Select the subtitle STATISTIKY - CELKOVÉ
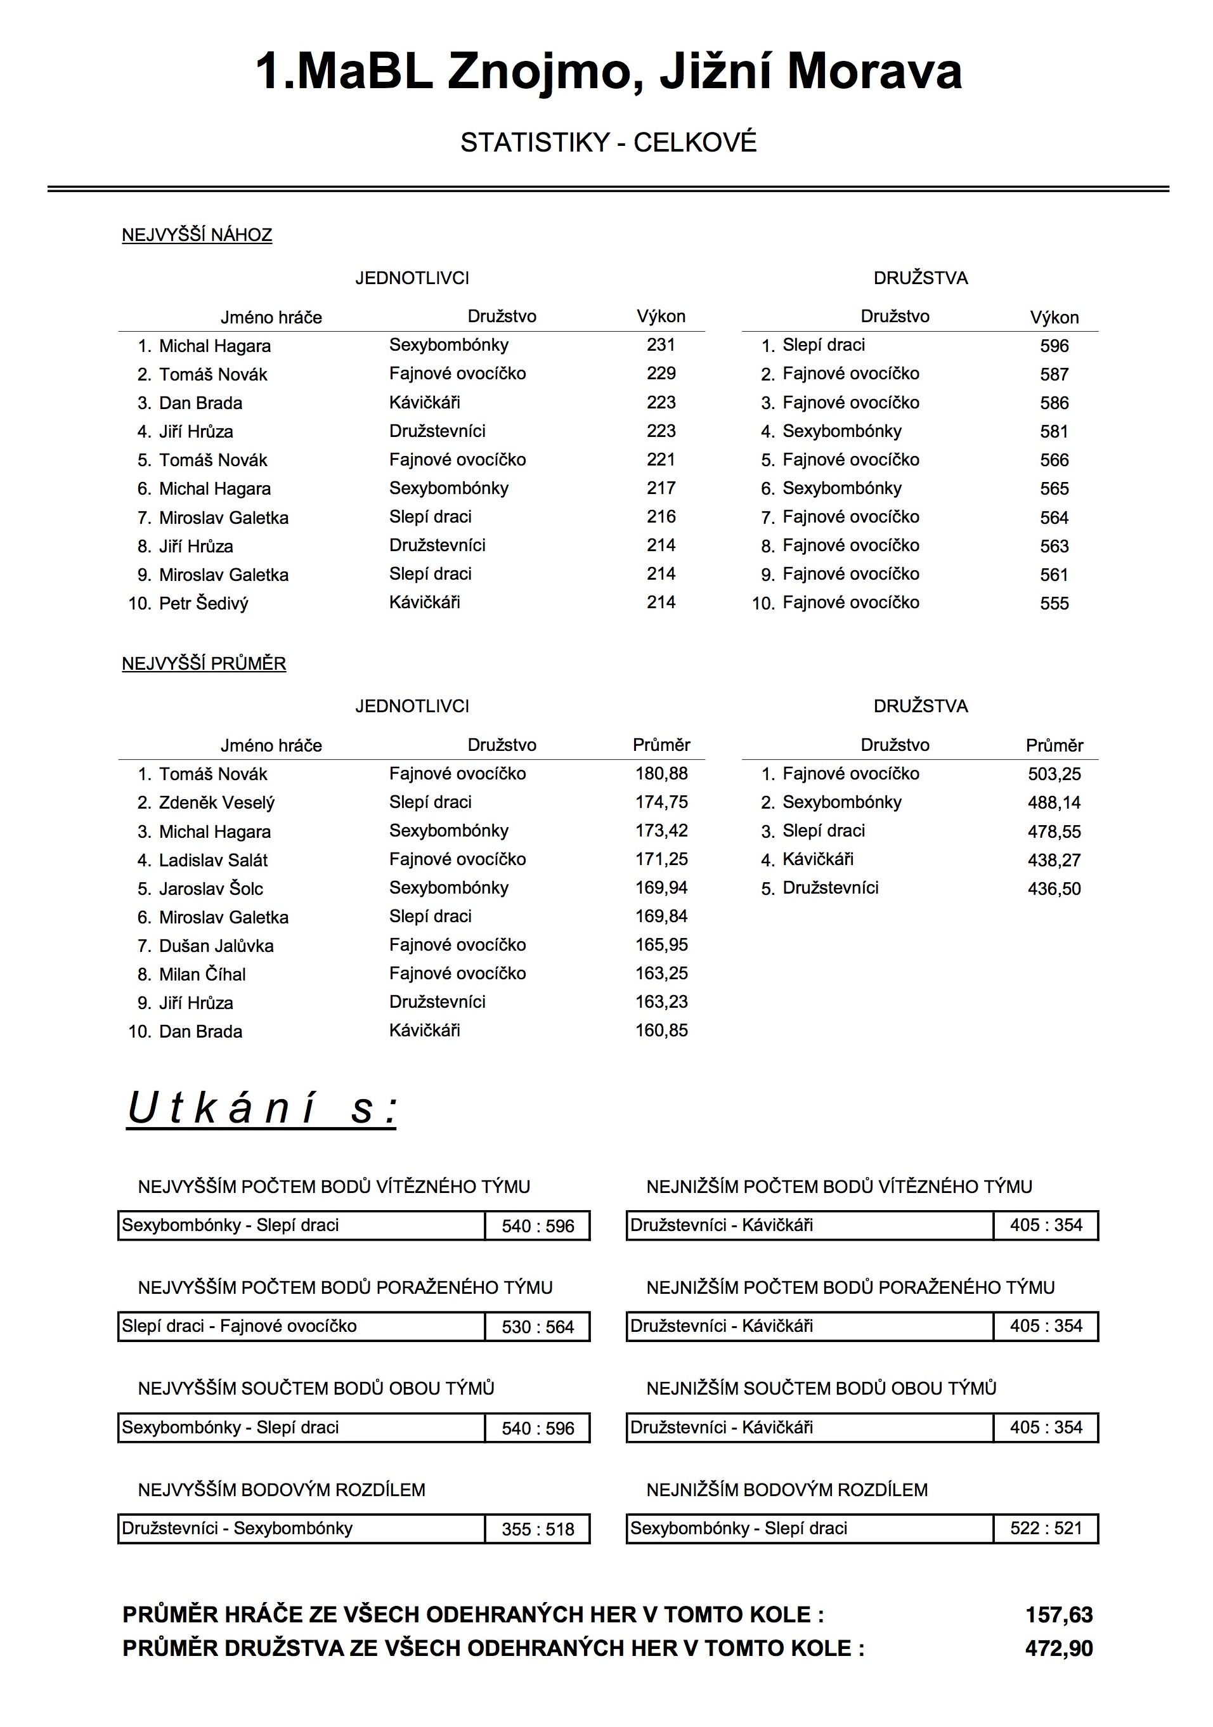[607, 142]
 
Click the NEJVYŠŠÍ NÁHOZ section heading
[197, 235]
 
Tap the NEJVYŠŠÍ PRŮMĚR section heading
[204, 663]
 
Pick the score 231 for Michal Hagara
[660, 345]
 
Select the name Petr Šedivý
[203, 603]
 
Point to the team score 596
[1054, 346]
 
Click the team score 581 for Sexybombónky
[1054, 432]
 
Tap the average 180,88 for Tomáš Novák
[661, 773]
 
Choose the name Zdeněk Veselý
[217, 802]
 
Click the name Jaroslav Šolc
[211, 889]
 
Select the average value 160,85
[661, 1031]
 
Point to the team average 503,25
[1054, 774]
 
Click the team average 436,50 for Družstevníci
[1054, 889]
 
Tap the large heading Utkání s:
[262, 1109]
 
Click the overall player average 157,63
[1058, 1615]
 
